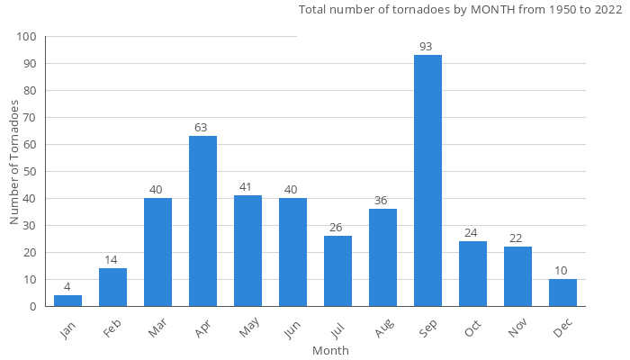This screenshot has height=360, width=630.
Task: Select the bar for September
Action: click(427, 180)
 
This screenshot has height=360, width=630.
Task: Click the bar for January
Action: click(67, 301)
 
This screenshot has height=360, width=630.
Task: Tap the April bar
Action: click(202, 220)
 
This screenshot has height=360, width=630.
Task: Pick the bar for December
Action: click(562, 292)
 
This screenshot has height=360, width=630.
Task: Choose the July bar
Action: click(337, 271)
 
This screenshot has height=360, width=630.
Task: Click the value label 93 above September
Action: click(427, 47)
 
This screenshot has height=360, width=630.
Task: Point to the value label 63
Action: click(202, 128)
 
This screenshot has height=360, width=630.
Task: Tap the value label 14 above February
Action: click(112, 260)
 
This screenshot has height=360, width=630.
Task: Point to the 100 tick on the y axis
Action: click(27, 37)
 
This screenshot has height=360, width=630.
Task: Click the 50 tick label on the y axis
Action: click(30, 172)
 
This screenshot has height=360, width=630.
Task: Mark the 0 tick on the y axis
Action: click(33, 307)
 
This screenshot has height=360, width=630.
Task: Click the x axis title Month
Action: click(330, 350)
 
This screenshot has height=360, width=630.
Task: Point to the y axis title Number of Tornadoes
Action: click(14, 163)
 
